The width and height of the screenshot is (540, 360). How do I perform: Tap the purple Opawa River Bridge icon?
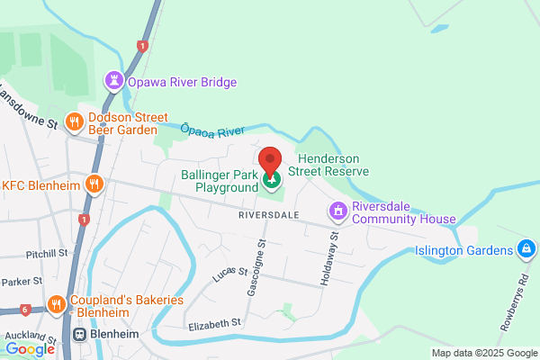coord(114,82)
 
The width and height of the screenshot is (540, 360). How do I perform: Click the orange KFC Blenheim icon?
coord(94,185)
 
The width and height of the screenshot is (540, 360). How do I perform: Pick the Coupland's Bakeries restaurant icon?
coord(56,305)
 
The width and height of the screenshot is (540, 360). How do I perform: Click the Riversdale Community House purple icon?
coord(338,211)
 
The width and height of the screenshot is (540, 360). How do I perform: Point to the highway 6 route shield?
coord(24,310)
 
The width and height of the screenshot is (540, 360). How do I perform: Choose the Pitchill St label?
coord(47,254)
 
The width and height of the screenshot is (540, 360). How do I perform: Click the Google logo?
coord(30,348)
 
